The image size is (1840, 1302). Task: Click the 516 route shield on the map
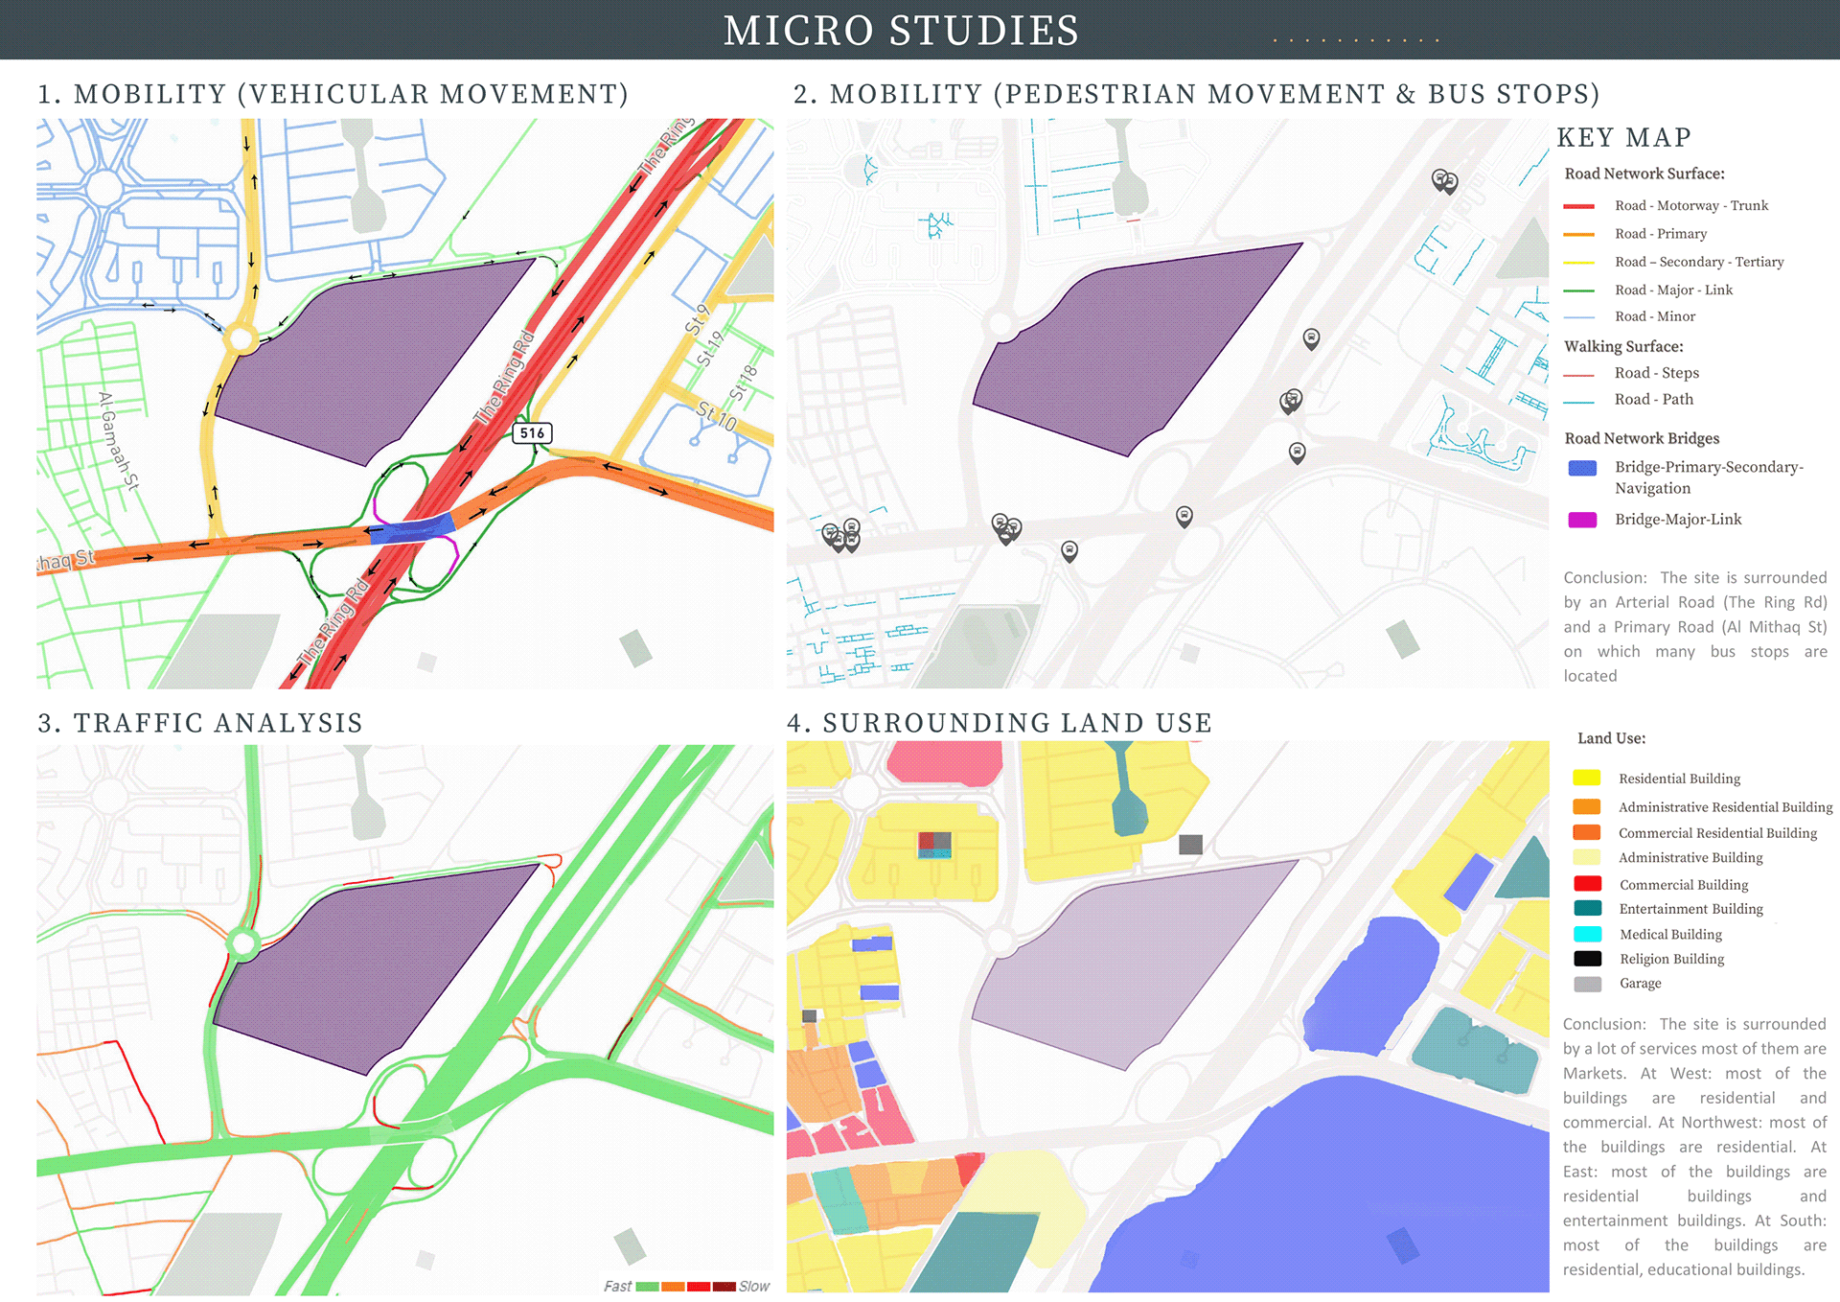point(532,433)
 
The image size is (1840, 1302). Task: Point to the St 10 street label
point(717,416)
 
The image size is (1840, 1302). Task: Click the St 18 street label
point(744,383)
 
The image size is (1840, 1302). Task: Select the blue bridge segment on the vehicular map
point(412,529)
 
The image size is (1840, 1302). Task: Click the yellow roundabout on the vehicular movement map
point(241,338)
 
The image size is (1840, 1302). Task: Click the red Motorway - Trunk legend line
point(1578,206)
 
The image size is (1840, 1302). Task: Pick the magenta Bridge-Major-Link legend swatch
point(1582,520)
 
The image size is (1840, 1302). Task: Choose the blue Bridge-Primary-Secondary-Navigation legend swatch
point(1582,468)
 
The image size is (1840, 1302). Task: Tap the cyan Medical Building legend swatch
point(1587,934)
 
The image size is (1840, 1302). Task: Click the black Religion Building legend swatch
point(1587,959)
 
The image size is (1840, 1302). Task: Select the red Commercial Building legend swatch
point(1587,884)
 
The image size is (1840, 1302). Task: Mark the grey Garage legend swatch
point(1587,984)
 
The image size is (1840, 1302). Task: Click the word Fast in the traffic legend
point(617,1287)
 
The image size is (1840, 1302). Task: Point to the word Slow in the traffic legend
point(754,1287)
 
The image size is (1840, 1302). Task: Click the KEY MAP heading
point(1623,138)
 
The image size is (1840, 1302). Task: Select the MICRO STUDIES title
point(901,31)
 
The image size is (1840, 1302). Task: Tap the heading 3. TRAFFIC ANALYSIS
point(200,723)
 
